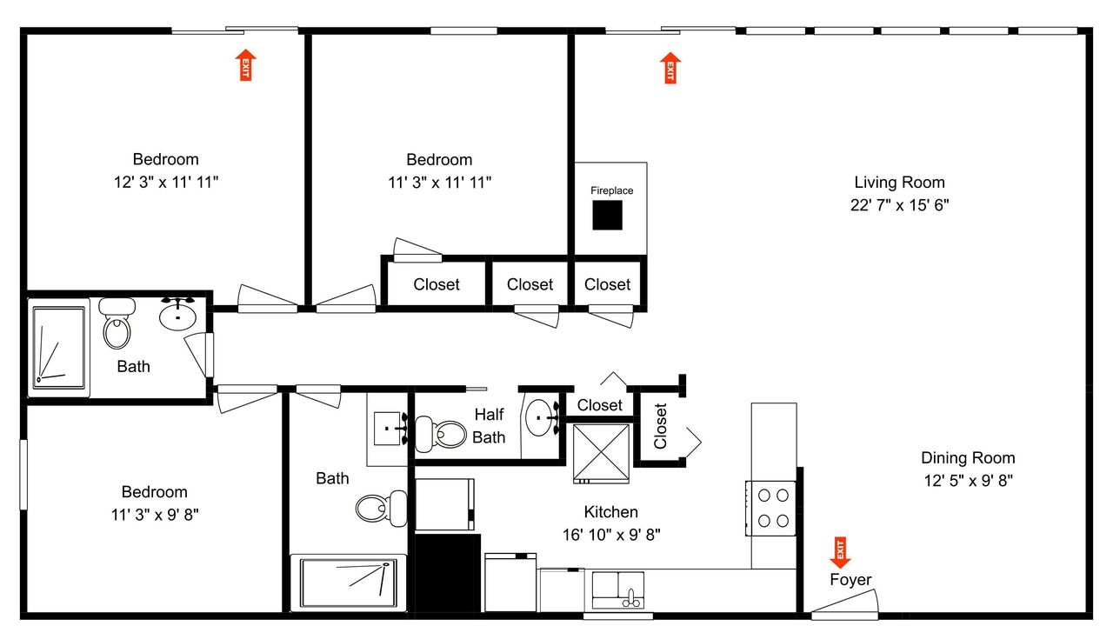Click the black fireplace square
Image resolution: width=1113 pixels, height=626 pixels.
point(607,215)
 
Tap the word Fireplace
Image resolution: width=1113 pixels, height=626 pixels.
point(611,190)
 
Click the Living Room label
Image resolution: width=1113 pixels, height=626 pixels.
point(899,183)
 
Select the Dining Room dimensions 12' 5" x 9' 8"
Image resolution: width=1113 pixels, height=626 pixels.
point(968,481)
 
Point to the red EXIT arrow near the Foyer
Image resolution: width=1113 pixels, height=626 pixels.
point(840,552)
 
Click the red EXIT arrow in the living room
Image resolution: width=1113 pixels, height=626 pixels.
point(670,68)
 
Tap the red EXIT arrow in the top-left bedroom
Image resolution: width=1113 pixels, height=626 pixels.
point(245,65)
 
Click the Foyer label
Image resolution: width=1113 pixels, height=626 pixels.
point(850,580)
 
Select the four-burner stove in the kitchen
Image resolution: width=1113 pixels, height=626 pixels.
point(770,509)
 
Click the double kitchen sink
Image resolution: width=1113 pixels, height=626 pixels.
point(617,589)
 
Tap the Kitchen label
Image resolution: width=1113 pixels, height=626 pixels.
point(610,512)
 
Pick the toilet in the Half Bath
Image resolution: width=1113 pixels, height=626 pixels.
point(440,434)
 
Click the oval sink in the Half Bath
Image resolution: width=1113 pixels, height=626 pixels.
point(540,418)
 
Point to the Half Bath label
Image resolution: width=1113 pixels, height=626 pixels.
point(489,426)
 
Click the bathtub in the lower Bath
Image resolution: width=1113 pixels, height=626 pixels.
point(349,583)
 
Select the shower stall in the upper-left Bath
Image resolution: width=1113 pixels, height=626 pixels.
point(58,348)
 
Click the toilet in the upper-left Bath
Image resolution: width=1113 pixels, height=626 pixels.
point(117,323)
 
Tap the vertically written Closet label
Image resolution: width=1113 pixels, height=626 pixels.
point(660,426)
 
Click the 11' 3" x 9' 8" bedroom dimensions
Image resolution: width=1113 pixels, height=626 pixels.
point(155,515)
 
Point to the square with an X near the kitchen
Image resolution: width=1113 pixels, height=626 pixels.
point(601,454)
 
